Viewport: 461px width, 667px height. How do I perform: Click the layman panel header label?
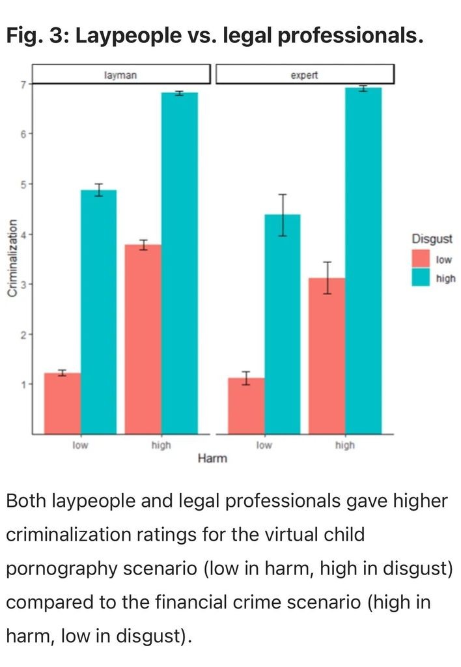click(120, 75)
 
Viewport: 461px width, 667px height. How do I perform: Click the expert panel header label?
click(305, 75)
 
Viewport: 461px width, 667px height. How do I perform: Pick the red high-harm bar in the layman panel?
click(143, 339)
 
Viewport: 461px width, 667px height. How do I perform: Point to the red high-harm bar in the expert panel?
click(327, 355)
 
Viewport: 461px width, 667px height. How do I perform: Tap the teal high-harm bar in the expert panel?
click(363, 261)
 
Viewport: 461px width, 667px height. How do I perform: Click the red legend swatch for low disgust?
click(422, 259)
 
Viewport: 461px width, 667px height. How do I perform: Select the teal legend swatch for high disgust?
click(422, 278)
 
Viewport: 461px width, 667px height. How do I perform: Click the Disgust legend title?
click(432, 238)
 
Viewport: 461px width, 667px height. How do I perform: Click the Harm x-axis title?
click(212, 459)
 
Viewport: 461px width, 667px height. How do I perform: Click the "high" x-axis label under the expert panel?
click(344, 446)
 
